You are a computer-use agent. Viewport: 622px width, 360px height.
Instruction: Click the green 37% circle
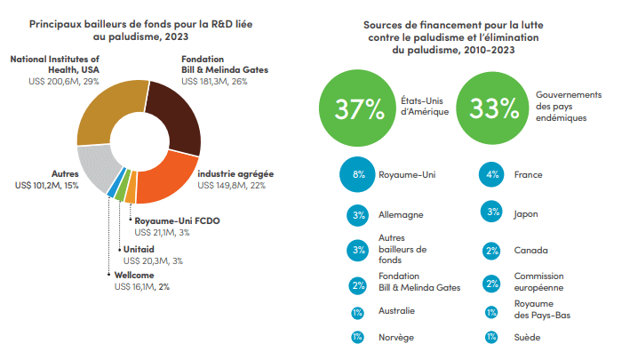point(359,108)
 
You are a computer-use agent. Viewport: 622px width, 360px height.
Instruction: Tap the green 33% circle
point(494,108)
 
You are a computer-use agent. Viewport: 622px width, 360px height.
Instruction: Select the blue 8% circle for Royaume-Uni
point(359,175)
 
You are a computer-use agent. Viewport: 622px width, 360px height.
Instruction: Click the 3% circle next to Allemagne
point(359,214)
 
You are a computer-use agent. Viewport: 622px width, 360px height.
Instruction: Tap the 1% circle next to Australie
point(358,311)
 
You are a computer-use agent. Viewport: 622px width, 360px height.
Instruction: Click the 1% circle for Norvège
point(358,337)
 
